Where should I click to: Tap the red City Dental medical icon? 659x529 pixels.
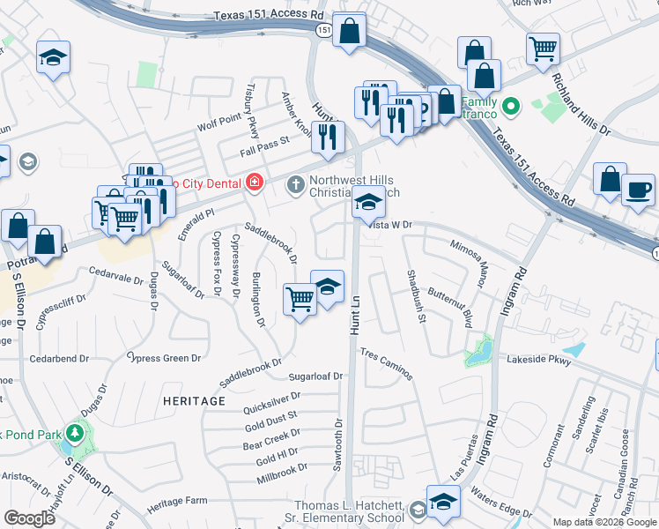(x=255, y=182)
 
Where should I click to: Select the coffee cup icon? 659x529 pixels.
(x=638, y=189)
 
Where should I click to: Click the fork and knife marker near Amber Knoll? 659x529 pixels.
(x=328, y=136)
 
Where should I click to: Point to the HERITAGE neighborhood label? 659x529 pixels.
(x=194, y=400)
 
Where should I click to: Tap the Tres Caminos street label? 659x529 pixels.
(x=386, y=363)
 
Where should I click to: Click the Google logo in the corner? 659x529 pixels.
(x=29, y=518)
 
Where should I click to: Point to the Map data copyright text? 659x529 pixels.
(x=605, y=522)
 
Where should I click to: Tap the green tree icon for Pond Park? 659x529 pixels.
(x=76, y=433)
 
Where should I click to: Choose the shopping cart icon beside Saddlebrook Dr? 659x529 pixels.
(x=300, y=301)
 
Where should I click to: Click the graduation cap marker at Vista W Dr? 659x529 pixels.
(x=368, y=205)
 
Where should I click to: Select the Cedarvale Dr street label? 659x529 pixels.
(x=116, y=277)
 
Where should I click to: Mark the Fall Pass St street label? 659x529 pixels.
(x=264, y=142)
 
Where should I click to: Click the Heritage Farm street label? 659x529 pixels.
(x=176, y=502)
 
